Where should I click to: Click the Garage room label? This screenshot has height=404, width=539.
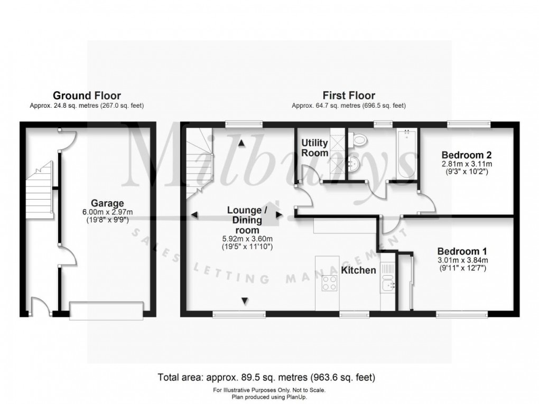click(x=107, y=203)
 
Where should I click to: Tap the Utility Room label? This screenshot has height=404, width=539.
click(x=315, y=148)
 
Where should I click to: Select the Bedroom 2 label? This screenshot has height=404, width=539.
click(x=467, y=155)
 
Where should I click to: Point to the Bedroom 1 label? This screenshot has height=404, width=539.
click(x=462, y=252)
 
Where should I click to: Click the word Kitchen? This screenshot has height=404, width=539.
click(x=358, y=270)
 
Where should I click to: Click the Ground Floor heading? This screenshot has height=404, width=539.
click(x=87, y=96)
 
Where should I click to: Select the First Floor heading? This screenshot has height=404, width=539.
click(x=349, y=96)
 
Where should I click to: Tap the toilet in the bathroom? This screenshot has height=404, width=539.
click(x=359, y=140)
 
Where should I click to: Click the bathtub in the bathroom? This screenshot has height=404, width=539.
click(x=404, y=153)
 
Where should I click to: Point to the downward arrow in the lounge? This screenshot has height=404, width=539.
click(x=245, y=301)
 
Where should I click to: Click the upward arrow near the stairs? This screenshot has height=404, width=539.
click(x=241, y=143)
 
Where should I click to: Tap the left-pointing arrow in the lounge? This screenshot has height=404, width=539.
click(x=194, y=215)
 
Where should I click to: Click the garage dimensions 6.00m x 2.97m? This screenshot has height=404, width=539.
click(x=107, y=212)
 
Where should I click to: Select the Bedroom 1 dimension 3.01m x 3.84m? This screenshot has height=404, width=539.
click(x=462, y=260)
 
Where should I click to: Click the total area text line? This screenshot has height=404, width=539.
click(x=267, y=378)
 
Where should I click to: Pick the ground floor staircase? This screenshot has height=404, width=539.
click(x=41, y=193)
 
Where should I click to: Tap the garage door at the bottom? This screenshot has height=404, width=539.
click(x=107, y=310)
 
